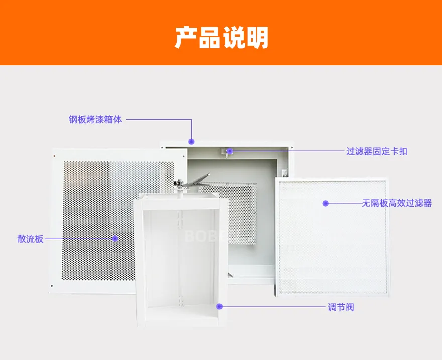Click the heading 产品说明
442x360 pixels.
[x=222, y=38]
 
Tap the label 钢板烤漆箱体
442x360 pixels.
[x=95, y=119]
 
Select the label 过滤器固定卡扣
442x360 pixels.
[x=377, y=151]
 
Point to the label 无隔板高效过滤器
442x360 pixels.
[x=397, y=203]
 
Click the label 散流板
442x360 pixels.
[x=31, y=239]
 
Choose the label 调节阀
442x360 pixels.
[x=341, y=307]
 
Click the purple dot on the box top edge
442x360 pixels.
[x=192, y=141]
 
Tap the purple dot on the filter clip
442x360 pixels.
[x=230, y=151]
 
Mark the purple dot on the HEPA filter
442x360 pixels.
[x=326, y=203]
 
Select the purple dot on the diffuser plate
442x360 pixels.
[x=115, y=239]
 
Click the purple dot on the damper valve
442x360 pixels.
[x=219, y=306]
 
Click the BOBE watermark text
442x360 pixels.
[x=205, y=236]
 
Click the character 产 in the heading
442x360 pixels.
[x=186, y=38]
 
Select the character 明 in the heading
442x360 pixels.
[x=257, y=38]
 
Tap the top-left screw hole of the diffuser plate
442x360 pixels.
[x=54, y=155]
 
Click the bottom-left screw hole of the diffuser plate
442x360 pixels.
[x=52, y=286]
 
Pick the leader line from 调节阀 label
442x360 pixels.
[x=273, y=307]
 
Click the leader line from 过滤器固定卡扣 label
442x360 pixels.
[x=287, y=151]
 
